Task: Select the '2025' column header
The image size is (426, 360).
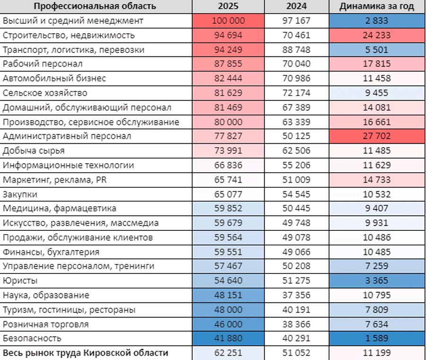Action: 228,6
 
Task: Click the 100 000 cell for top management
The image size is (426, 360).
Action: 228,21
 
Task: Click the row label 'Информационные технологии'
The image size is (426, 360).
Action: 68,165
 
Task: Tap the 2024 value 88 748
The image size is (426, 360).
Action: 296,50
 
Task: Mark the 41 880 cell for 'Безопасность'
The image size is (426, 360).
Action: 228,339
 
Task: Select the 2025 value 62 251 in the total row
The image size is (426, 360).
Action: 228,353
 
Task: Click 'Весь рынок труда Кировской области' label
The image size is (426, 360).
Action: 86,353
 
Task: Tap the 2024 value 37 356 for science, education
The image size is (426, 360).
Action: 296,295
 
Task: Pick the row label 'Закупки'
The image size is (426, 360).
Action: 20,194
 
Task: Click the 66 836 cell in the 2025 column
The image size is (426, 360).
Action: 228,165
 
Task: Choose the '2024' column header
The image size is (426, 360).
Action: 296,6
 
